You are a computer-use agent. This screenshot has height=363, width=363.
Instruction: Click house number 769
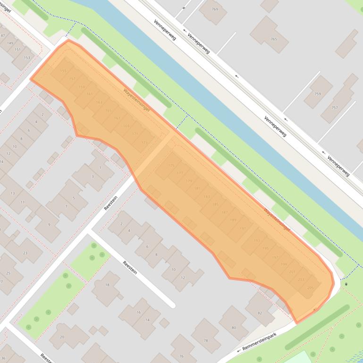[215, 9]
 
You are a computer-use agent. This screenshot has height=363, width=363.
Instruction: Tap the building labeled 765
[274, 39]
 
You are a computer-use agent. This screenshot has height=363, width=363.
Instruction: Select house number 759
[318, 94]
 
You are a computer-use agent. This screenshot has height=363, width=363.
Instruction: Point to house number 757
[335, 107]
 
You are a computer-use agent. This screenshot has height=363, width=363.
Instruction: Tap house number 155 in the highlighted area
[63, 71]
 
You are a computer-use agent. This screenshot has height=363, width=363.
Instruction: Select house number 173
[144, 142]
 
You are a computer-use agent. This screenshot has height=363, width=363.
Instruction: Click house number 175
[171, 165]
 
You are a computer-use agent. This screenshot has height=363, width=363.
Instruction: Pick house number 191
[243, 228]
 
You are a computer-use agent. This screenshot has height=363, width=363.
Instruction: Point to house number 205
[310, 288]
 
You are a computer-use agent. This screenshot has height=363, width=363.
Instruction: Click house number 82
[260, 313]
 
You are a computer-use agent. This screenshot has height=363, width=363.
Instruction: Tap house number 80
[234, 328]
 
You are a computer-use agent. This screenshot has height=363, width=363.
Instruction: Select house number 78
[205, 340]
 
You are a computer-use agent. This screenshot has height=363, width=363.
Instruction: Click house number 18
[107, 285]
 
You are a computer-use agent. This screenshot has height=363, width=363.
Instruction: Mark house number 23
[25, 253]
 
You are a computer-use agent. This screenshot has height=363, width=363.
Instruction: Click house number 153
[27, 58]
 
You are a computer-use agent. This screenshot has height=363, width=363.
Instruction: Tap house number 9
[49, 224]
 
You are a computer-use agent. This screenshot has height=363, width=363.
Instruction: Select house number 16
[139, 312]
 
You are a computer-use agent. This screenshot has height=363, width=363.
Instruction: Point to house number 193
[257, 240]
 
